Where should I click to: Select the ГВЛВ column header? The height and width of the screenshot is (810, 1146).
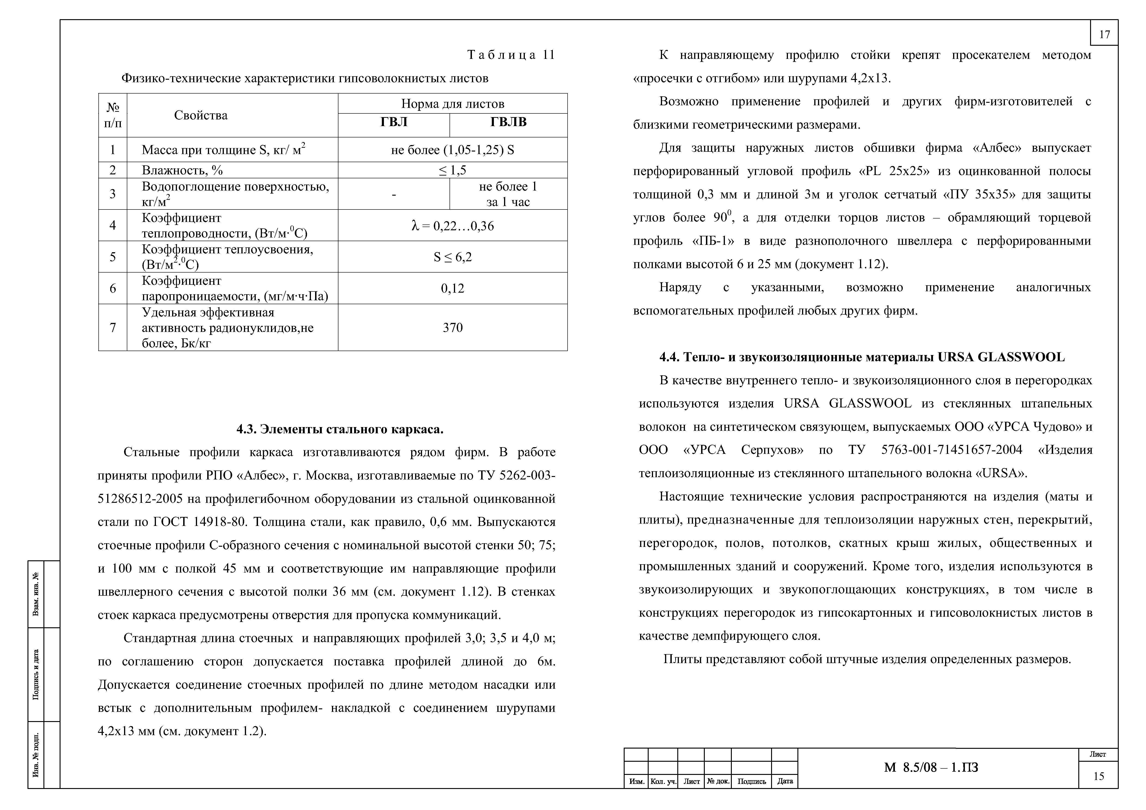(x=508, y=122)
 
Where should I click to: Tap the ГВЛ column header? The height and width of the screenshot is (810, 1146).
(x=394, y=122)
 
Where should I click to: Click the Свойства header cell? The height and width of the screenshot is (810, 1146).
(x=201, y=115)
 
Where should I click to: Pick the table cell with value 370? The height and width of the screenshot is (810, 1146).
(x=453, y=327)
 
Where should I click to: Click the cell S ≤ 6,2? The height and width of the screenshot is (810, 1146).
(x=453, y=257)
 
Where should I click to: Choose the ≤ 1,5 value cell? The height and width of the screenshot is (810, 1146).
(x=453, y=170)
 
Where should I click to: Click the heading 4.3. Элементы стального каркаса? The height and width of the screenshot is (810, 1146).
(x=340, y=429)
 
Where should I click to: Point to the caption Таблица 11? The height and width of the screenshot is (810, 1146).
(x=511, y=55)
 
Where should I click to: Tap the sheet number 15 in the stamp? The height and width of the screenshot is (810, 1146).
(x=1099, y=776)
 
